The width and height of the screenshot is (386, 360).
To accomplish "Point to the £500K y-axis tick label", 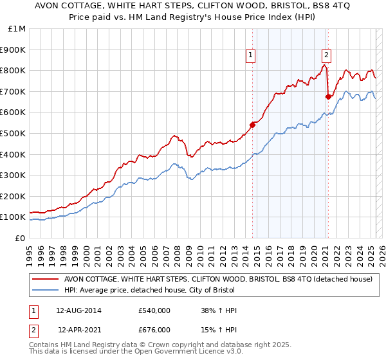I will [x=14, y=133].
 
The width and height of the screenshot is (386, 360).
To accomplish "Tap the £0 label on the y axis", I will [x=21, y=238].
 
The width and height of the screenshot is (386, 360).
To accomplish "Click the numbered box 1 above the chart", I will [x=250, y=55].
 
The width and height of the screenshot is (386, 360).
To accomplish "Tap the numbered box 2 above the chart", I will [x=327, y=55].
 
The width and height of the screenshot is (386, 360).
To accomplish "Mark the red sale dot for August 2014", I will [x=252, y=125].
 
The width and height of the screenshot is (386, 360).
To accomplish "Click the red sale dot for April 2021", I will [x=328, y=96].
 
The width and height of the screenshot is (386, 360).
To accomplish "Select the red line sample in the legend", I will [x=46, y=279].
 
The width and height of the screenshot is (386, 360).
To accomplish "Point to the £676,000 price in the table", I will [x=154, y=329].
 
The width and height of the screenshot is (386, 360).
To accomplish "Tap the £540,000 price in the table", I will [x=154, y=310].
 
